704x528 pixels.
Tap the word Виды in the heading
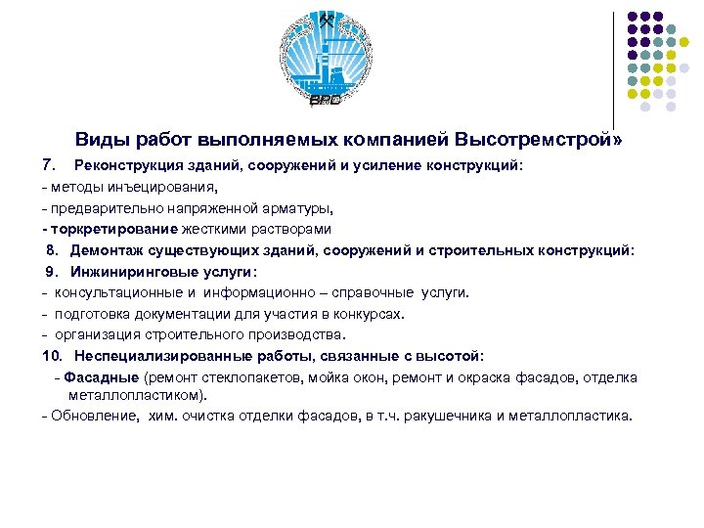tap(102, 141)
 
